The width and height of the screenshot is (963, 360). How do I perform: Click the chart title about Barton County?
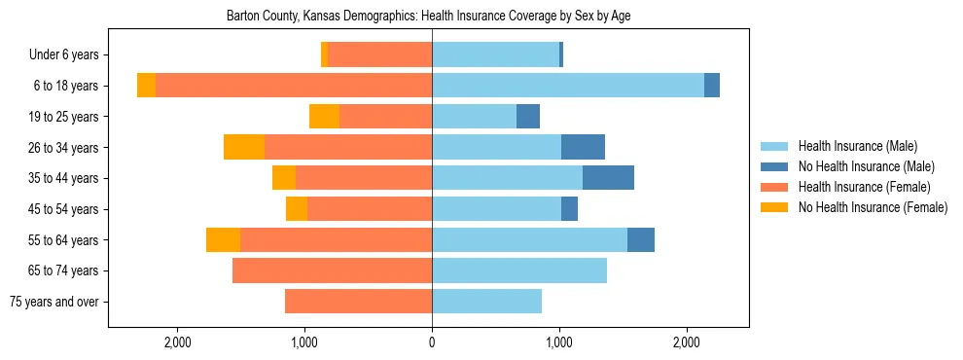tap(428, 17)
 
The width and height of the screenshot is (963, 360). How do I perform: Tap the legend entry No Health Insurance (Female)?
tap(873, 207)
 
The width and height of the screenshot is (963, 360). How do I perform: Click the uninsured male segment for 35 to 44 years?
tap(608, 178)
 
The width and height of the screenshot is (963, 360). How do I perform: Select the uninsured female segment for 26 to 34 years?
tap(244, 147)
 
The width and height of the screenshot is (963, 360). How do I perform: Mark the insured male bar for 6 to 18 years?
tap(568, 86)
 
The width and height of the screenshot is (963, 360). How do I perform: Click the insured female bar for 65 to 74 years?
tap(332, 270)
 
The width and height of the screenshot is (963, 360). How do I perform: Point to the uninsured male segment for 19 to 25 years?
tap(528, 117)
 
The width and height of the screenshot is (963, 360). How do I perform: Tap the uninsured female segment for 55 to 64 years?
tap(223, 239)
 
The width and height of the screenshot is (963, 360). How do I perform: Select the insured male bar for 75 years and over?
tap(486, 302)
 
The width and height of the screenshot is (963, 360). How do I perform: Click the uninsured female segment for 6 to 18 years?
tap(146, 86)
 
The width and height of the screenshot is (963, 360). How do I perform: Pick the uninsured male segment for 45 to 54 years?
tap(569, 209)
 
